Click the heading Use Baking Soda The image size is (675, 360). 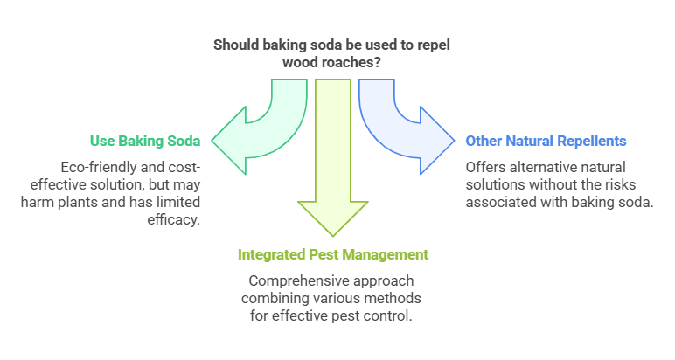click(x=145, y=141)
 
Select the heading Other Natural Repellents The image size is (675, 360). click(x=546, y=141)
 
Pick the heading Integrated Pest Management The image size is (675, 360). click(x=333, y=255)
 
